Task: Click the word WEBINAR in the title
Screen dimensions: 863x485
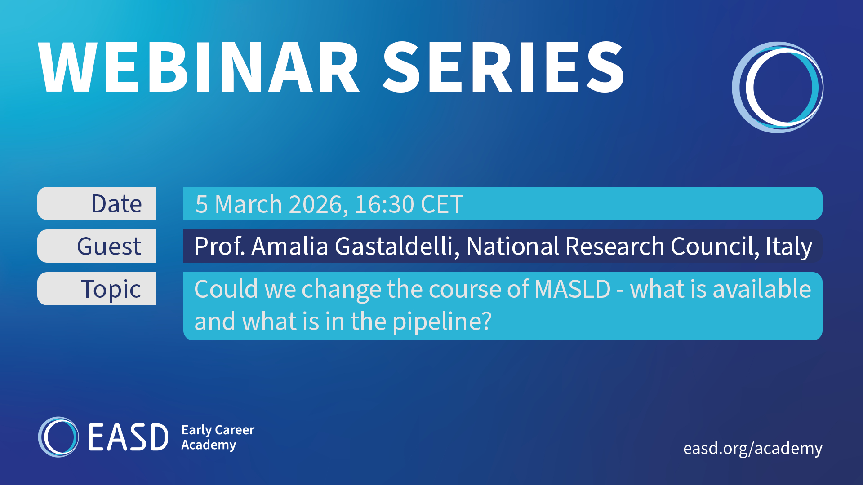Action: coord(198,67)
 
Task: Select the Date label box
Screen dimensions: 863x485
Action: coord(97,203)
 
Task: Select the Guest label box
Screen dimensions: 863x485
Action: coord(97,246)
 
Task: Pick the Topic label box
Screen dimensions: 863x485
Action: coord(97,289)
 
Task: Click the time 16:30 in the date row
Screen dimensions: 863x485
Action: coord(384,204)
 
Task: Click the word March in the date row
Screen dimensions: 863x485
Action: coord(249,204)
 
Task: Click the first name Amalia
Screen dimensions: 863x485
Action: coord(290,246)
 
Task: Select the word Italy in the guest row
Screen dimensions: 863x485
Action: coord(789,247)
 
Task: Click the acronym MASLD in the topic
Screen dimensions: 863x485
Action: coord(573,289)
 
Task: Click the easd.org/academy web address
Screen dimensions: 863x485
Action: coord(753,448)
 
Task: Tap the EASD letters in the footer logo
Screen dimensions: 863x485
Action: coord(128,437)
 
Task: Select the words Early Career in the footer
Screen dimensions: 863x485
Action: coord(218,430)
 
